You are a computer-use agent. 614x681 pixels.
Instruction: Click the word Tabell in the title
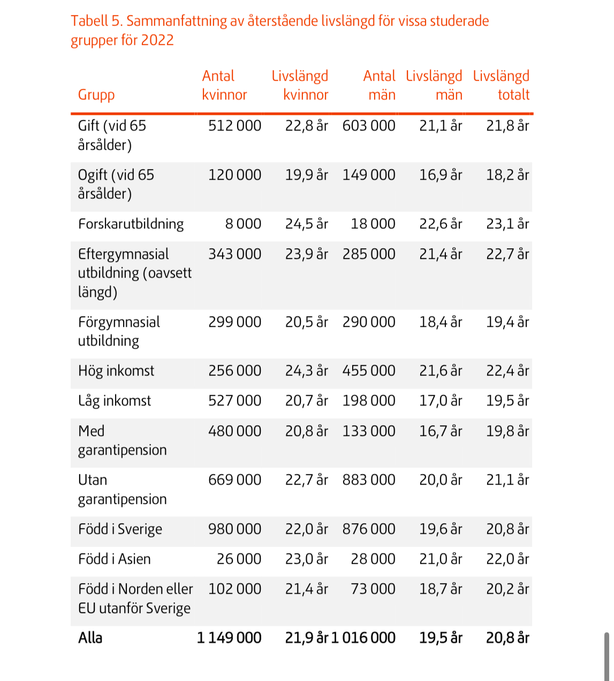90,21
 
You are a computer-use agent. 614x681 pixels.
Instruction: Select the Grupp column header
96,95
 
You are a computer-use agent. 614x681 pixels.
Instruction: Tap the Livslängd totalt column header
501,86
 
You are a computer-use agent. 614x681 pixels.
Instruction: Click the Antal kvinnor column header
224,86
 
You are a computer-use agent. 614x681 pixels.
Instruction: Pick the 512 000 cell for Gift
234,126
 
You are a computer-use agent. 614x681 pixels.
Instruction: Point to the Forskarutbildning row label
131,224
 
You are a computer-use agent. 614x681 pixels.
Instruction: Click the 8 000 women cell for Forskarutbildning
243,224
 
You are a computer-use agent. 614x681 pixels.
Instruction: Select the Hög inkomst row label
116,371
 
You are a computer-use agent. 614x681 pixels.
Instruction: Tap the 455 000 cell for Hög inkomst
369,371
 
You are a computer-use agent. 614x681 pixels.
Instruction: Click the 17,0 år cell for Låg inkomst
441,401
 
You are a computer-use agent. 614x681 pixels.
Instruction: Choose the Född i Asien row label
115,560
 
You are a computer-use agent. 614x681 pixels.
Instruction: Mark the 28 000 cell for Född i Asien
373,560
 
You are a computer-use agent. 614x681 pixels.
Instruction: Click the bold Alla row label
90,638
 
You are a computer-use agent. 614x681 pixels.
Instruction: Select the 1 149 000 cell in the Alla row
229,638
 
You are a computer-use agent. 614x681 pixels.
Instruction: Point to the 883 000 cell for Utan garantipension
369,480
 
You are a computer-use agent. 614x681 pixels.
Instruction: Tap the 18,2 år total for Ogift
507,175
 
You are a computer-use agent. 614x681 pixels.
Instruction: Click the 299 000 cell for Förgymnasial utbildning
234,323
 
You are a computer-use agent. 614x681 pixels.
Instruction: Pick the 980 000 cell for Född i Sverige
234,530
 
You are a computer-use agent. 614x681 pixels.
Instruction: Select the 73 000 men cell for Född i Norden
373,590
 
